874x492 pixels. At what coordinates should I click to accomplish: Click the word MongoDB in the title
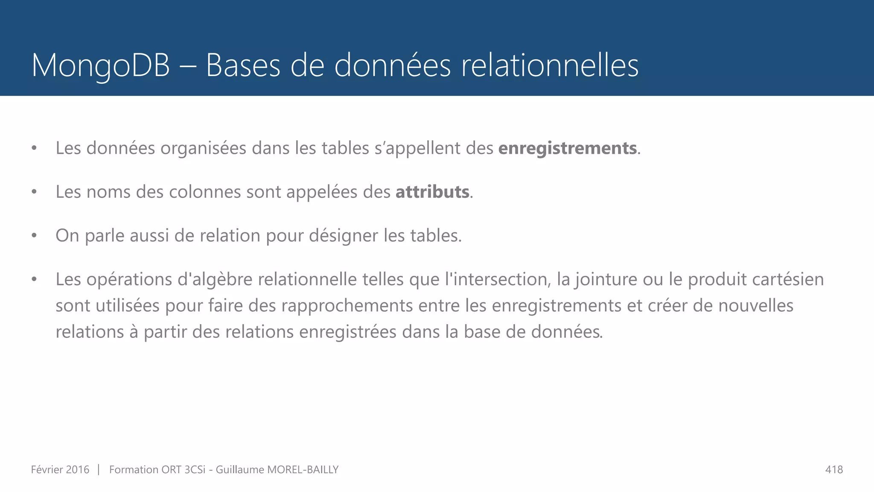(101, 66)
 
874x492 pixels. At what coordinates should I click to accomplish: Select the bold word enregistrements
(568, 148)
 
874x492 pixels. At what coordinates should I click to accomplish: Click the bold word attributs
(432, 192)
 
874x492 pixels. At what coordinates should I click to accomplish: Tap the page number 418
(834, 470)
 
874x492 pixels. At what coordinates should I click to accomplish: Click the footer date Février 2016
(60, 470)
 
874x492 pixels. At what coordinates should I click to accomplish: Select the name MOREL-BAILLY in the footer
(303, 470)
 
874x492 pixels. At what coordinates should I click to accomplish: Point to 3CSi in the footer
(195, 470)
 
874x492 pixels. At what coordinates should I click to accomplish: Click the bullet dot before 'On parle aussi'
(34, 235)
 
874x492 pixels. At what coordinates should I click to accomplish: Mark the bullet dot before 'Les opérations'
(34, 279)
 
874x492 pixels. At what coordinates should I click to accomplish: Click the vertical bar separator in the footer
(99, 470)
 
